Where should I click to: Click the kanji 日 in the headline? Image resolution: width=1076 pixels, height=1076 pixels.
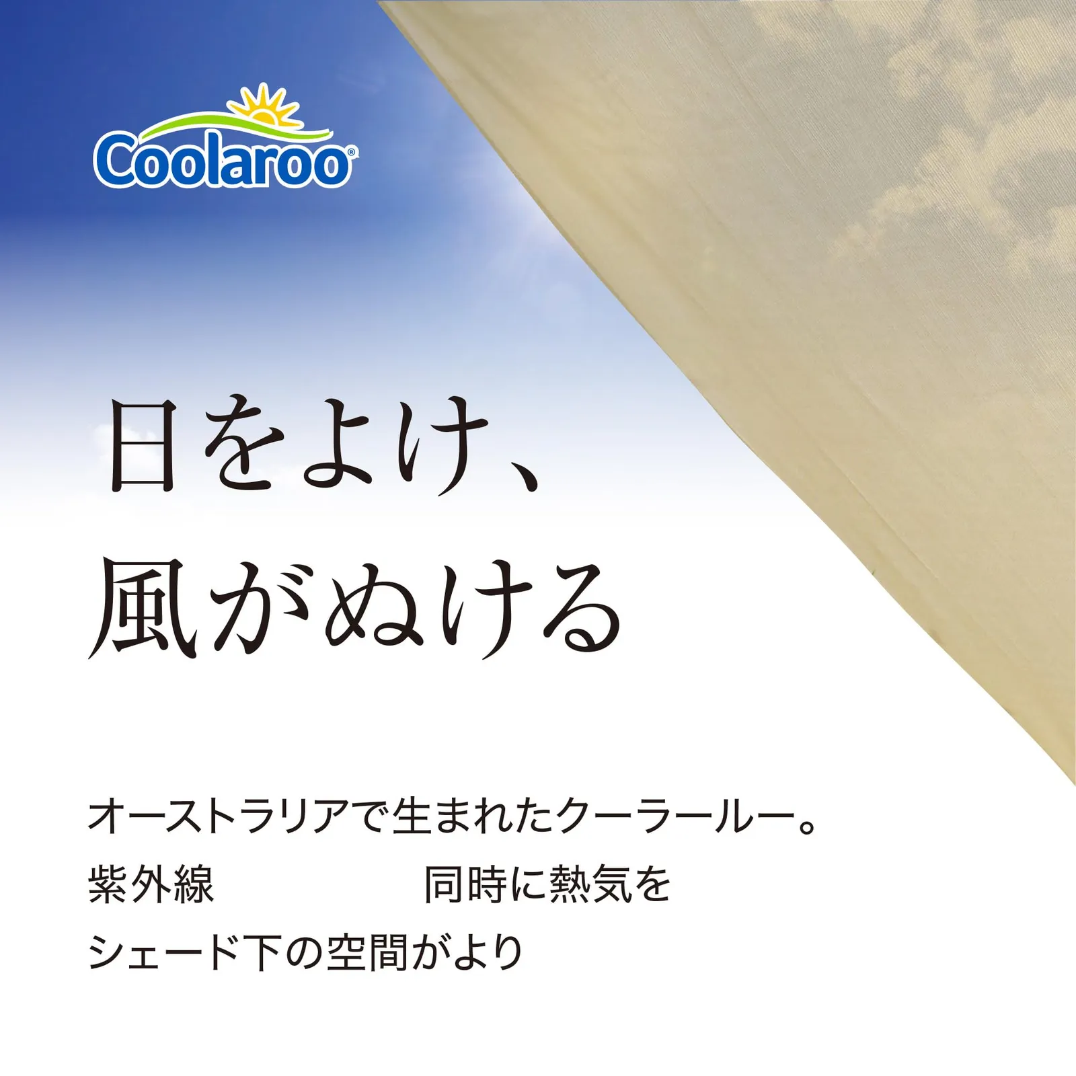pos(143,446)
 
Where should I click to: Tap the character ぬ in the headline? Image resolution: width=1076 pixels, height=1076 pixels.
pos(377,609)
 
